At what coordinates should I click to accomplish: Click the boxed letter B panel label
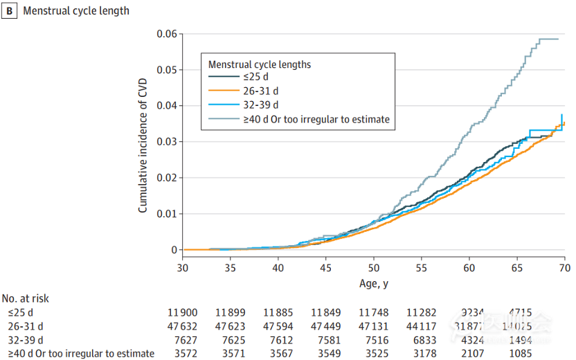pyautogui.click(x=10, y=11)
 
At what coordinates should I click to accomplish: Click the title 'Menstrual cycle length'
pyautogui.click(x=76, y=11)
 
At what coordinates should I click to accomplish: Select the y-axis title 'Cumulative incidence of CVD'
pyautogui.click(x=143, y=142)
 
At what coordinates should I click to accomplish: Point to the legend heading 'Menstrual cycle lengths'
pyautogui.click(x=260, y=64)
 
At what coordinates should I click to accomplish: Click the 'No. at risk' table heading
pyautogui.click(x=26, y=298)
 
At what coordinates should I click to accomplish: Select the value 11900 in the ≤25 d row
pyautogui.click(x=182, y=312)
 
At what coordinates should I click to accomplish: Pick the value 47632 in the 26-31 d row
pyautogui.click(x=182, y=326)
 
